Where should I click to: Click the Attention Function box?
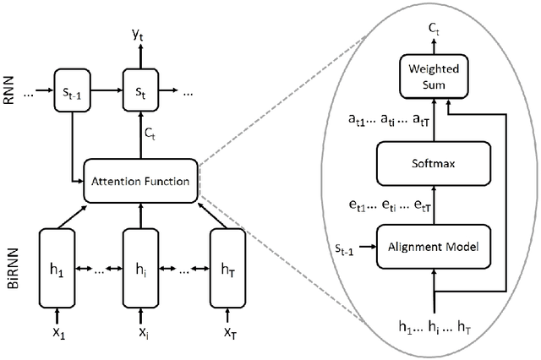141,180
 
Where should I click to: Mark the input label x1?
57,335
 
